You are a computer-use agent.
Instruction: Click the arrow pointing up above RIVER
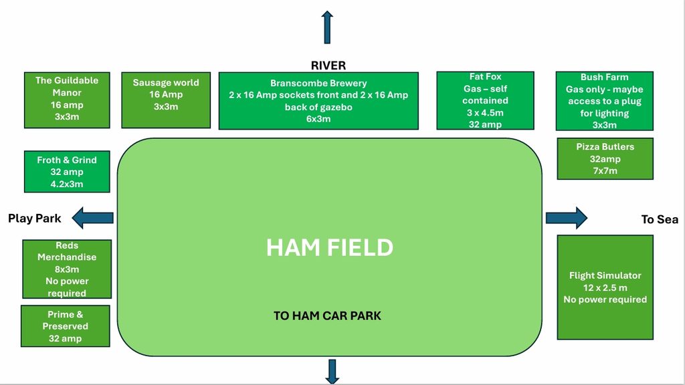327,27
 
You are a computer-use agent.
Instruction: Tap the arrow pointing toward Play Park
92,218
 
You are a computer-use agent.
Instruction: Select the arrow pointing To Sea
567,218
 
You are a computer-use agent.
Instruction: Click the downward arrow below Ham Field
332,372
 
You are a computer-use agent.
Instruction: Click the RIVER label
328,66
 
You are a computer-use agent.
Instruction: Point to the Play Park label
35,219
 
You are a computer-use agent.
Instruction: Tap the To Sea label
660,219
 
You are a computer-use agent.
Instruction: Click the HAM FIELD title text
330,247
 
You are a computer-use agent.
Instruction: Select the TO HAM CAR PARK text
327,315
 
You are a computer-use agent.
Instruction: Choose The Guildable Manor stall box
67,100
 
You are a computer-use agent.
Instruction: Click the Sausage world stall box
166,100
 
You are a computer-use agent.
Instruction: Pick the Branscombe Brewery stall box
318,101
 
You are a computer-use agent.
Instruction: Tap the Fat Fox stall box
486,100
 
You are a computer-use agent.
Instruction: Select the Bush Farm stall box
605,101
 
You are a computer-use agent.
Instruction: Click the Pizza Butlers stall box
605,158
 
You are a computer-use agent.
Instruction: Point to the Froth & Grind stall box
67,172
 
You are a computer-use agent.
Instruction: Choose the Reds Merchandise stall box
67,269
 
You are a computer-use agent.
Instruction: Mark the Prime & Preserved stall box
65,326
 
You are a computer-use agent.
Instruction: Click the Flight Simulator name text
605,275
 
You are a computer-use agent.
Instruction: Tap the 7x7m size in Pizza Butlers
605,170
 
